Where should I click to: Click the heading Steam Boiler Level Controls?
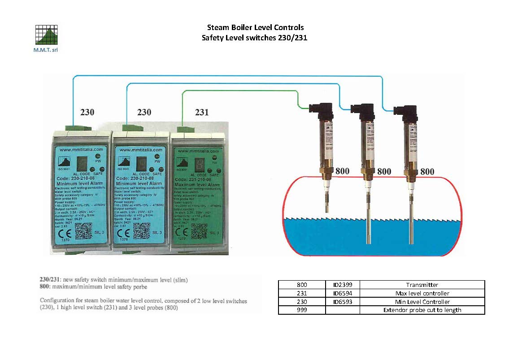coord(255,28)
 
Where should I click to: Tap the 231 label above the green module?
coord(202,112)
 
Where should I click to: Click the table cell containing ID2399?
coord(342,285)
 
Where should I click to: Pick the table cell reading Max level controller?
coord(422,293)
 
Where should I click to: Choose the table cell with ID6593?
coord(342,302)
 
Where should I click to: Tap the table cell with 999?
coord(302,310)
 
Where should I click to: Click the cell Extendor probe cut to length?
coord(422,310)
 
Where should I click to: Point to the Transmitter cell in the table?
coord(422,285)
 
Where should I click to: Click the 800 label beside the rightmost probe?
coord(427,171)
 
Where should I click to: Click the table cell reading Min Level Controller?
coord(422,302)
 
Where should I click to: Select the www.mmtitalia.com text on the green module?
coord(196,151)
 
